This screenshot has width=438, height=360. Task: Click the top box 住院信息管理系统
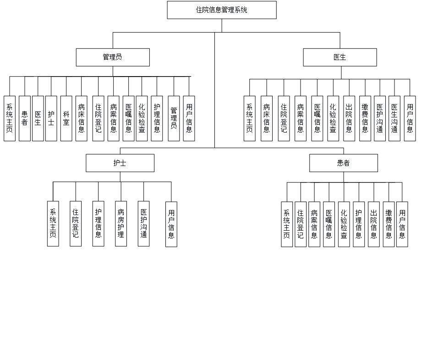point(222,10)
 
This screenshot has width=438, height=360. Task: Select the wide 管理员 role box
point(113,58)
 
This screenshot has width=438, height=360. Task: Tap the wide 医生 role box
point(340,58)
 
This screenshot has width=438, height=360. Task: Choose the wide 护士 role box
point(120,163)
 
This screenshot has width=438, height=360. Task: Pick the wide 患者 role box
point(343,163)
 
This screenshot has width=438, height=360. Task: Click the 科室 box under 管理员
point(66,119)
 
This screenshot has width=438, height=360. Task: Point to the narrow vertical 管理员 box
point(174,119)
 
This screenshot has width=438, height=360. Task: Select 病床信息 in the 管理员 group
point(81,119)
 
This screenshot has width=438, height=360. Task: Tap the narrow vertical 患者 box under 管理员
point(24,119)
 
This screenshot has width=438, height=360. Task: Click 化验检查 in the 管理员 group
point(142,119)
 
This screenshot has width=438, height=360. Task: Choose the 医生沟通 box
point(394,119)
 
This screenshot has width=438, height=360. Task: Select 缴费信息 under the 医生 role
point(365,119)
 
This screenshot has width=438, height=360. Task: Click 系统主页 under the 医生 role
point(249,119)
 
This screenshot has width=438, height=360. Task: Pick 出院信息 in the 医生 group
point(350,119)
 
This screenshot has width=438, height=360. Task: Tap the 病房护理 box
point(121,224)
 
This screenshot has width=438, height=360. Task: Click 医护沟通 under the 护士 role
point(144,224)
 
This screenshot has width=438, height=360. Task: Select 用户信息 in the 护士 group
point(171,224)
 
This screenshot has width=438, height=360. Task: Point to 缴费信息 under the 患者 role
point(389,224)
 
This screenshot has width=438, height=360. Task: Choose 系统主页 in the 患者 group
point(287,224)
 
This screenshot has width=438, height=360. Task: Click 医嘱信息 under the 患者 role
point(328,224)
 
